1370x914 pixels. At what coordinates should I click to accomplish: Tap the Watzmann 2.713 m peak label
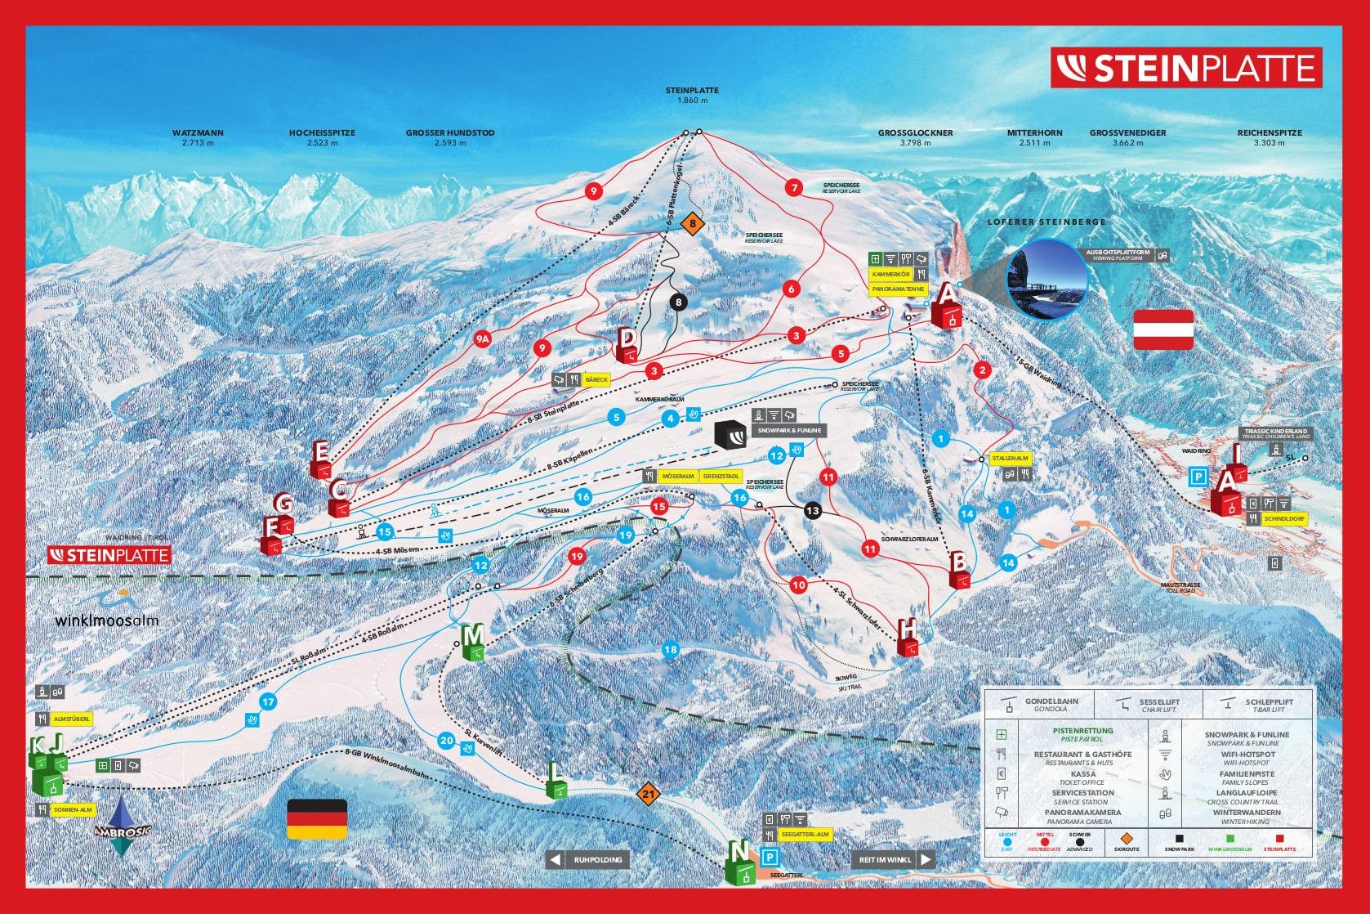click(198, 137)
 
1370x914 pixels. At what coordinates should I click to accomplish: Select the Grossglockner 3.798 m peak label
click(915, 137)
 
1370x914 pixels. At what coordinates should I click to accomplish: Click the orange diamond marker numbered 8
click(693, 222)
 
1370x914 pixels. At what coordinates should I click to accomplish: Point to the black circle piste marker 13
click(811, 511)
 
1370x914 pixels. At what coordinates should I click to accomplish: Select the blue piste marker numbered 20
click(446, 741)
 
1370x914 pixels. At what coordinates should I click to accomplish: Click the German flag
click(317, 819)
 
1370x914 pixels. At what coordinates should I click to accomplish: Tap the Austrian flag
click(1163, 329)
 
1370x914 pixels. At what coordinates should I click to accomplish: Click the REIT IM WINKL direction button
click(892, 860)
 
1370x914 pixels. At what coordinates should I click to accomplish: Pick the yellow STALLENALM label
click(1010, 459)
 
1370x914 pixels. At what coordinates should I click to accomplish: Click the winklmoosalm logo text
click(107, 620)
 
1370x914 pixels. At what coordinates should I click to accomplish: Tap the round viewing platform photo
click(1048, 278)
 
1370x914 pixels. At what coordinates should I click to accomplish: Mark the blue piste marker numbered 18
click(670, 650)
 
